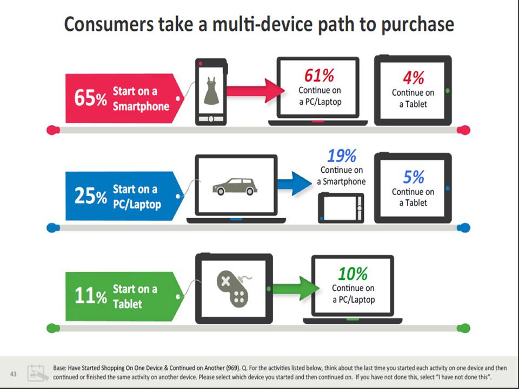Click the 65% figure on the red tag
(x=90, y=98)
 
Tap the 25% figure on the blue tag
(x=90, y=196)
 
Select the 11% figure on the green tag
(x=90, y=295)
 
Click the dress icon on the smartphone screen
(x=211, y=91)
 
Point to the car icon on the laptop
(x=235, y=186)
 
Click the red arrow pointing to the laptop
(x=256, y=91)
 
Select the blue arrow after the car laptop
(x=294, y=184)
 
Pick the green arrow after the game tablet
(x=296, y=289)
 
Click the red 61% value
(x=319, y=76)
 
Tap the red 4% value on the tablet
(x=414, y=78)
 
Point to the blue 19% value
(x=342, y=156)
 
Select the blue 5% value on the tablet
(x=414, y=177)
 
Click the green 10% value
(x=353, y=274)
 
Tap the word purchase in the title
(x=417, y=25)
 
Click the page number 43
(x=13, y=374)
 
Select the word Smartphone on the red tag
(x=141, y=106)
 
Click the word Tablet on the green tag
(x=128, y=304)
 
